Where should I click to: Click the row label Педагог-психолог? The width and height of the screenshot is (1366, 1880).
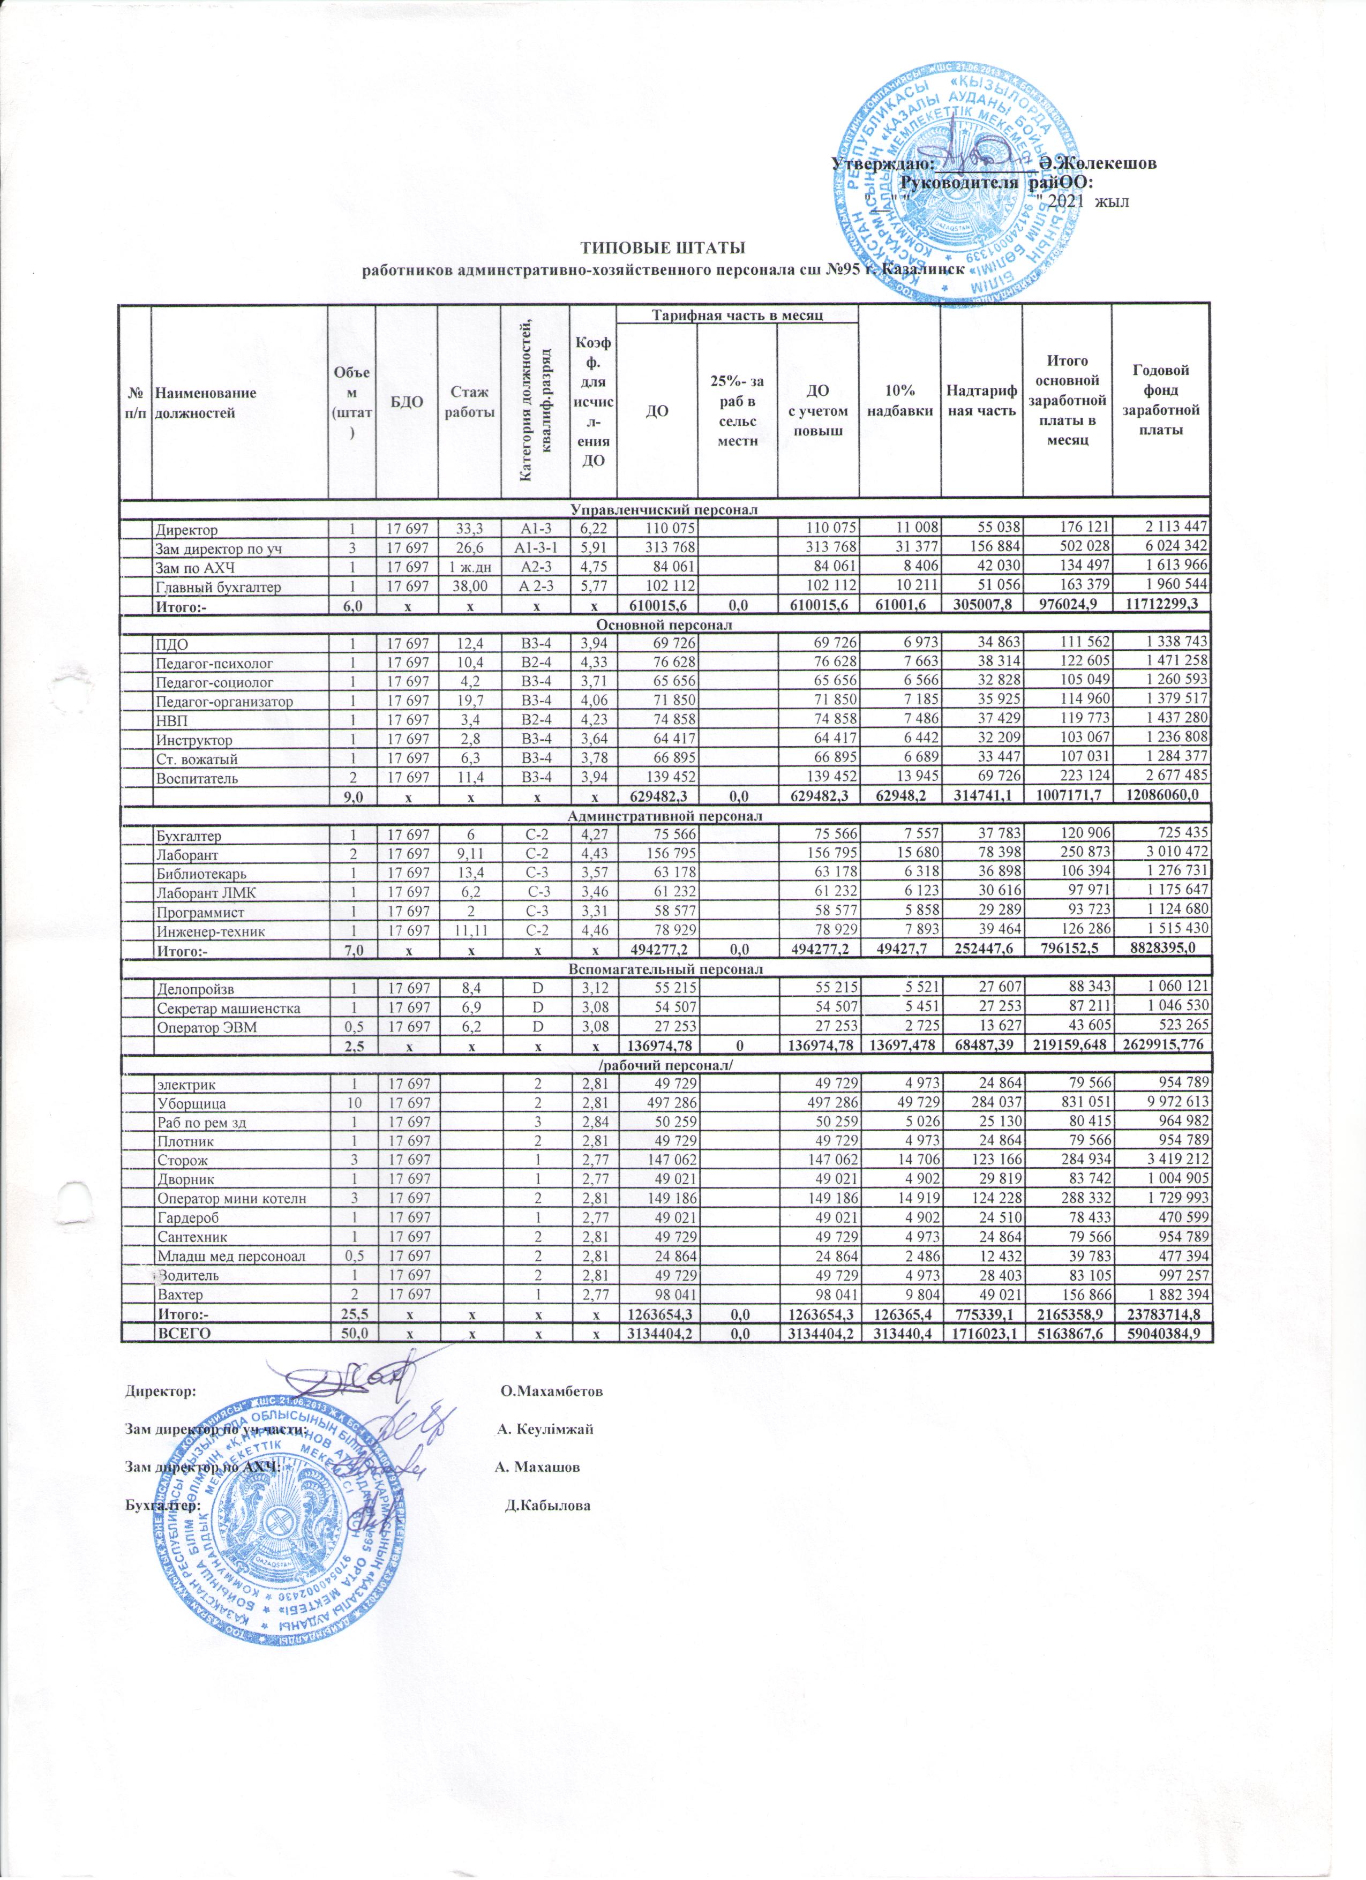pyautogui.click(x=214, y=663)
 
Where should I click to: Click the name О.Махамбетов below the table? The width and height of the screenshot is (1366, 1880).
pyautogui.click(x=552, y=1390)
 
